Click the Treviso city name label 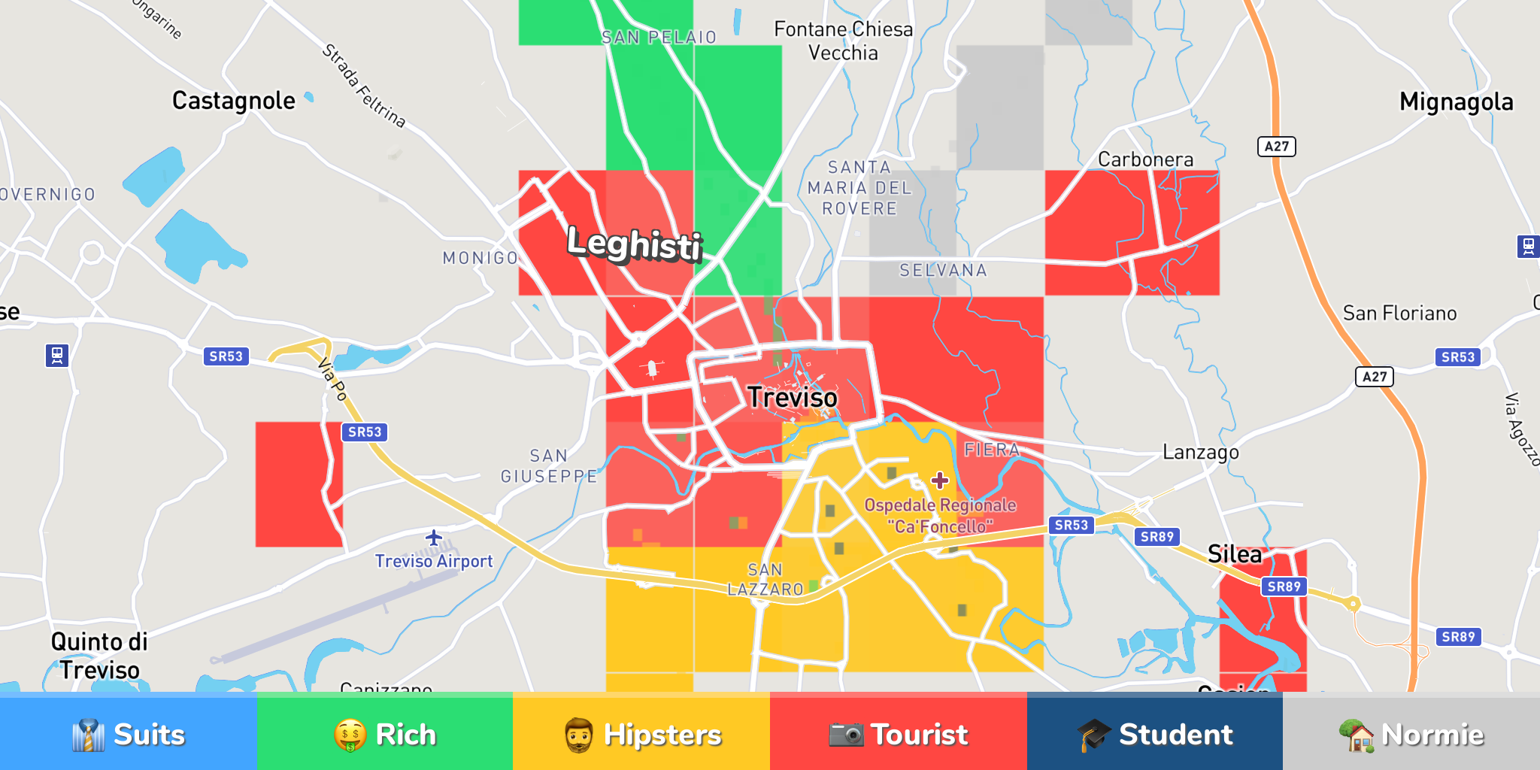pyautogui.click(x=792, y=397)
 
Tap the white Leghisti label pyautogui.click(x=634, y=244)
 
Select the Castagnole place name pyautogui.click(x=233, y=101)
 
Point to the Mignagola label pyautogui.click(x=1456, y=102)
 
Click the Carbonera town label pyautogui.click(x=1145, y=159)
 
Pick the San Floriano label pyautogui.click(x=1399, y=313)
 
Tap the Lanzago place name pyautogui.click(x=1200, y=452)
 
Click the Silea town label pyautogui.click(x=1234, y=554)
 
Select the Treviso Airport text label pyautogui.click(x=434, y=562)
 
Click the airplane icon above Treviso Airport pyautogui.click(x=434, y=538)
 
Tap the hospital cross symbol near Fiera pyautogui.click(x=940, y=480)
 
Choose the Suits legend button pyautogui.click(x=129, y=734)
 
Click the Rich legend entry pyautogui.click(x=385, y=734)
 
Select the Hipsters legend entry pyautogui.click(x=641, y=734)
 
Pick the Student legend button pyautogui.click(x=1155, y=734)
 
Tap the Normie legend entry pyautogui.click(x=1411, y=734)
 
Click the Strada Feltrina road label pyautogui.click(x=364, y=86)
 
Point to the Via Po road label pyautogui.click(x=332, y=380)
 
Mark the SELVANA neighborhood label pyautogui.click(x=943, y=271)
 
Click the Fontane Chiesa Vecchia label pyautogui.click(x=843, y=41)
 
